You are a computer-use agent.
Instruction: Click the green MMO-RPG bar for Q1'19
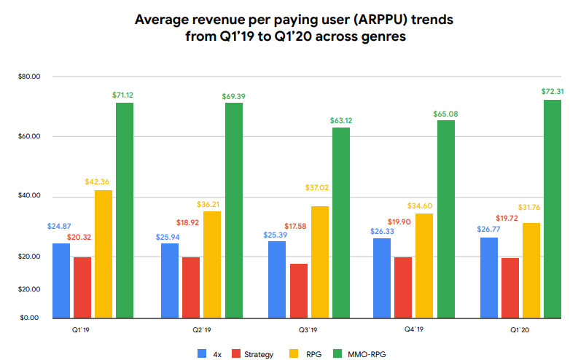(x=125, y=210)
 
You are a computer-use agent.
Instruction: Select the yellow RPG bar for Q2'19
(x=212, y=264)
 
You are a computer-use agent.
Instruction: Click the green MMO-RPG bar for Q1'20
(x=553, y=208)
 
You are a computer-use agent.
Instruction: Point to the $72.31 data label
(x=552, y=92)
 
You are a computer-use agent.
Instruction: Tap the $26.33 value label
(x=381, y=230)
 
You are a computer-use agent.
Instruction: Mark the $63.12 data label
(x=341, y=120)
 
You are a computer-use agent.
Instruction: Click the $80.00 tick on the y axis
(x=29, y=77)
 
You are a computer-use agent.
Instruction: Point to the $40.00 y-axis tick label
(x=29, y=197)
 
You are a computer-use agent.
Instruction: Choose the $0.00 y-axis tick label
(x=29, y=318)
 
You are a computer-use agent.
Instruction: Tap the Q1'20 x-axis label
(x=519, y=329)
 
